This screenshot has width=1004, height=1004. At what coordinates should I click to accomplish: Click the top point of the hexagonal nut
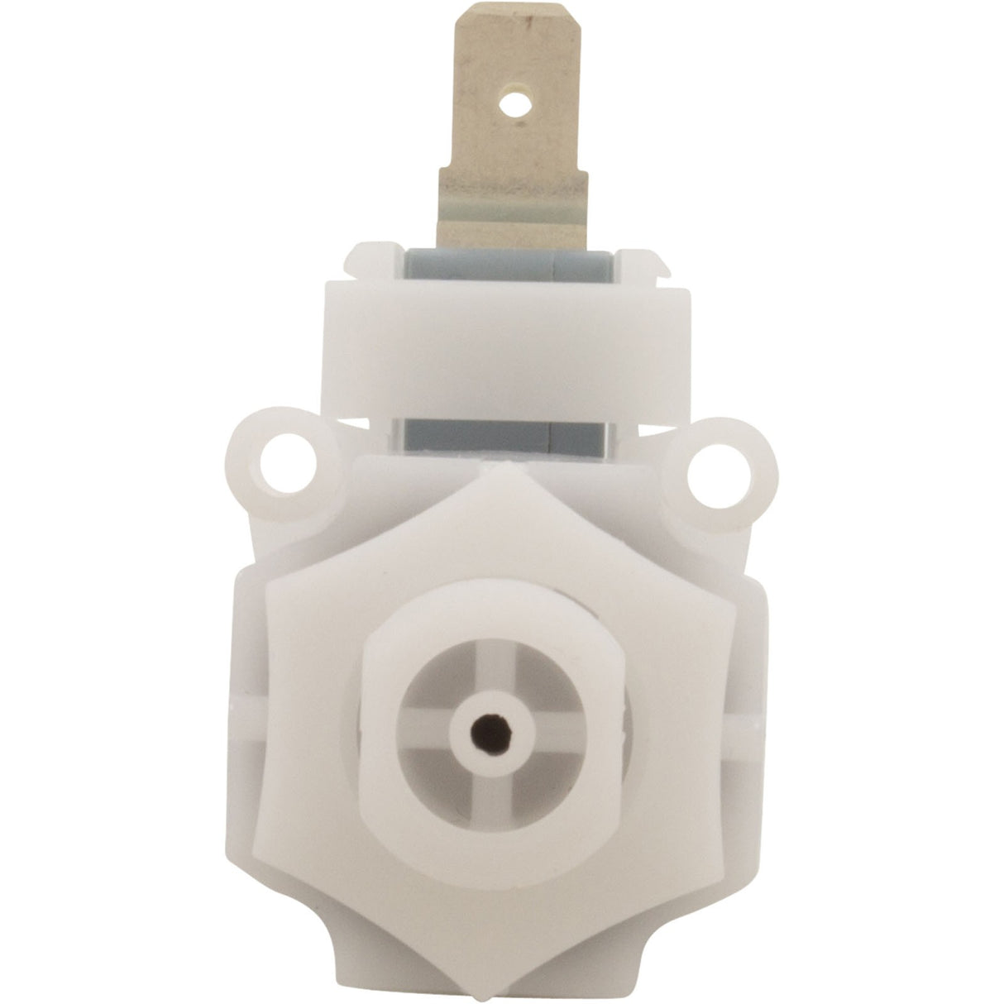click(x=494, y=470)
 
